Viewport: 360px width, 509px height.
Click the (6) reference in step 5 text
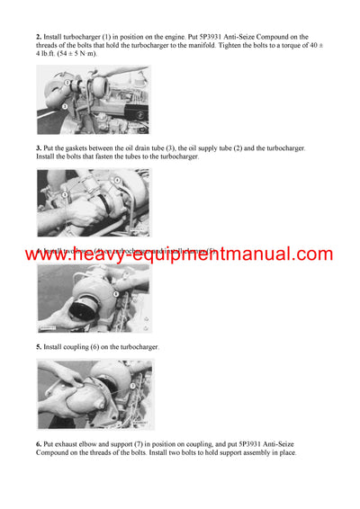click(x=98, y=346)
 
